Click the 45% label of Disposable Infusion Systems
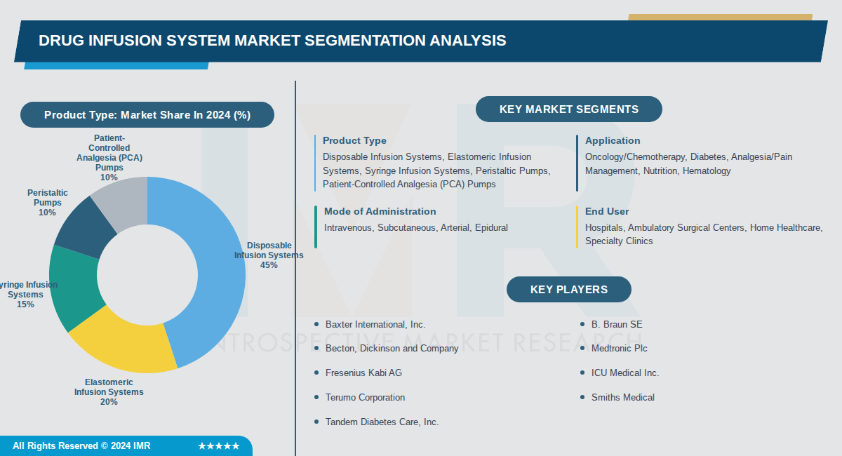tap(269, 265)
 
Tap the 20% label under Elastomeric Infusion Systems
tap(109, 402)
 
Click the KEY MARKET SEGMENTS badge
tap(568, 109)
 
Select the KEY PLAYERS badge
tap(568, 290)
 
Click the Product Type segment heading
tap(354, 141)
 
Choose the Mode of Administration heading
tap(380, 211)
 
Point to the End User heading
tap(607, 211)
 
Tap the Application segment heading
tap(613, 141)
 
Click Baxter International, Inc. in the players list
tap(375, 325)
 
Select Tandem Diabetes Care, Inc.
tap(382, 422)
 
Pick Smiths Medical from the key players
tap(622, 398)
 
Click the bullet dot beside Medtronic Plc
tap(582, 349)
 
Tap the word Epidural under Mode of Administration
tap(491, 228)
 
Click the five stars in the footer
tap(219, 446)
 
